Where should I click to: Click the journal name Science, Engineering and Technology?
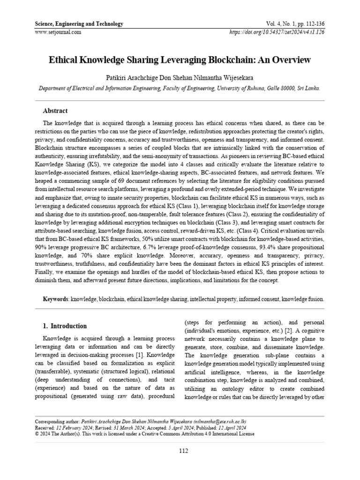(x=79, y=24)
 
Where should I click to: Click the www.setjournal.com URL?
(x=58, y=32)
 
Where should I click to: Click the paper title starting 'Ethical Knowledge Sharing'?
(x=180, y=60)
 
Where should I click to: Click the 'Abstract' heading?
(x=55, y=111)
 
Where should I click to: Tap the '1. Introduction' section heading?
(x=65, y=326)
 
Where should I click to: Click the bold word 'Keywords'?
(x=56, y=299)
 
